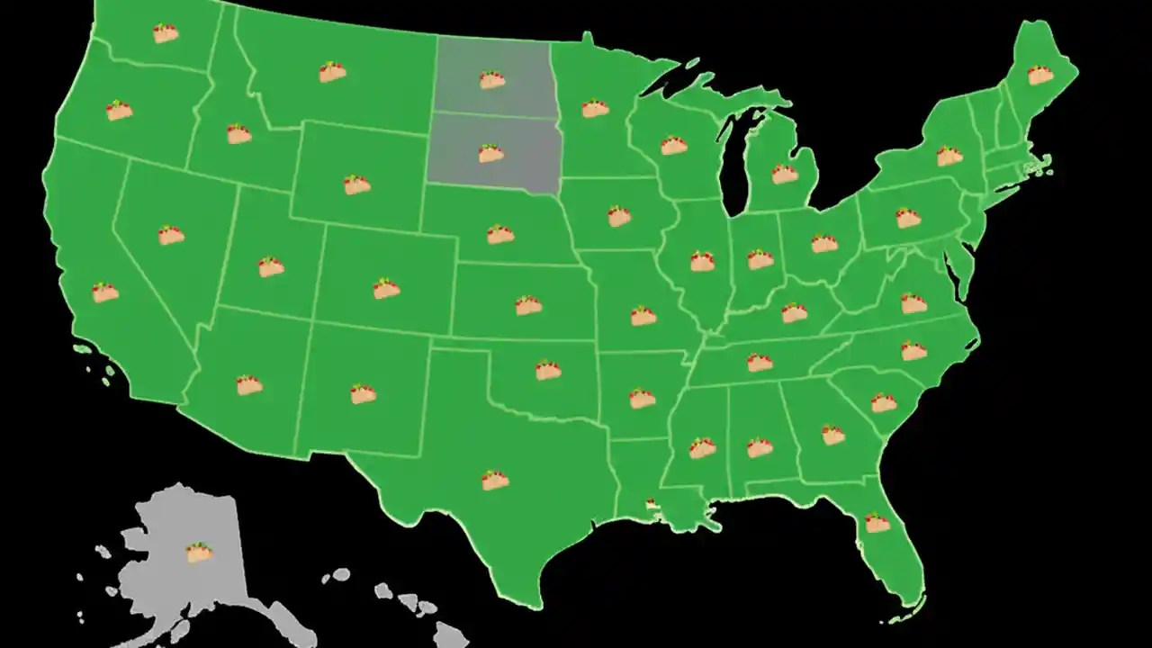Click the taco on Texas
pyautogui.click(x=495, y=481)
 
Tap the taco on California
pyautogui.click(x=105, y=292)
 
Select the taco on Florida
pyautogui.click(x=877, y=522)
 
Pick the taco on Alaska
pyautogui.click(x=199, y=553)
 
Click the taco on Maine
pyautogui.click(x=1040, y=75)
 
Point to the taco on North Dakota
pyautogui.click(x=491, y=80)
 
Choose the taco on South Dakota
pyautogui.click(x=490, y=153)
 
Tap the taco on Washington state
pyautogui.click(x=166, y=33)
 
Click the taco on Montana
pyautogui.click(x=332, y=71)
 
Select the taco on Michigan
pyautogui.click(x=785, y=174)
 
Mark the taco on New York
pyautogui.click(x=949, y=156)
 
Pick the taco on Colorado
pyautogui.click(x=386, y=289)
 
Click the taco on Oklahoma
pyautogui.click(x=548, y=370)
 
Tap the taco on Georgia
pyautogui.click(x=833, y=435)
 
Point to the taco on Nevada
pyautogui.click(x=171, y=236)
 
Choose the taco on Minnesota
pyautogui.click(x=595, y=108)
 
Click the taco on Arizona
pyautogui.click(x=249, y=385)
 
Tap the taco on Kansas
pyautogui.click(x=528, y=305)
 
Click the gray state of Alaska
pyautogui.click(x=171, y=585)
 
